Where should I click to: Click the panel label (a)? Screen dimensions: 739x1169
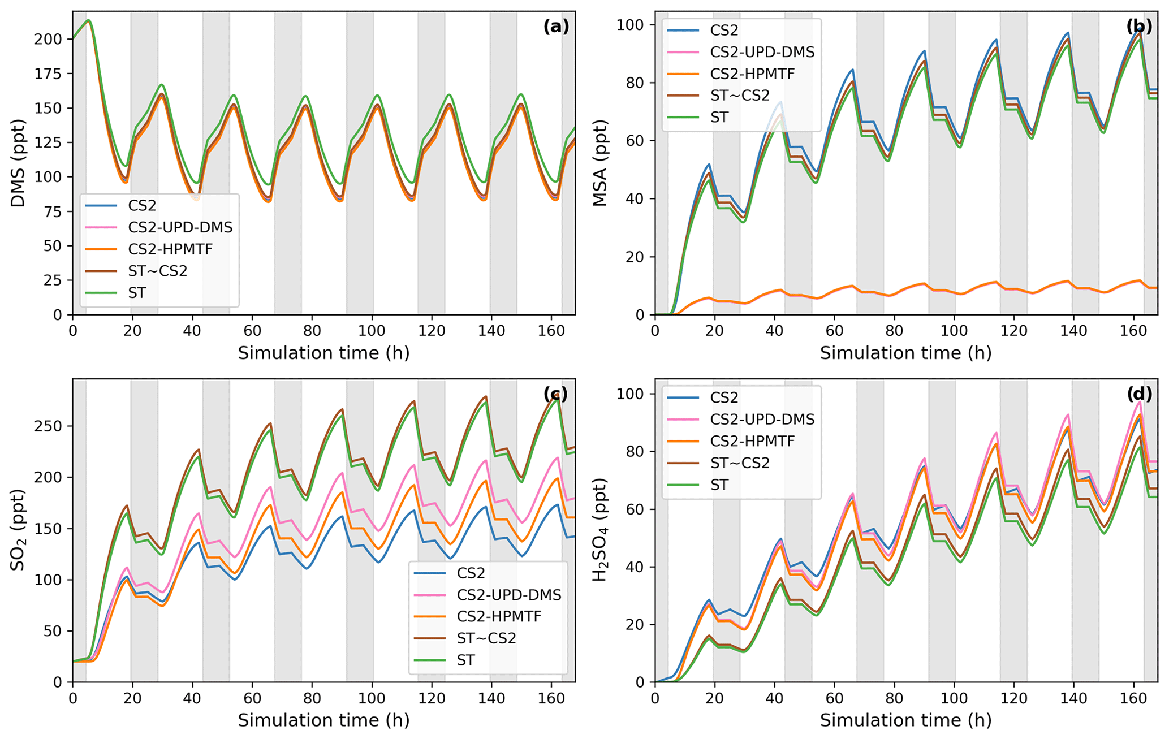pos(556,26)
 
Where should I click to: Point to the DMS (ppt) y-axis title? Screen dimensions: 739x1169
pos(18,163)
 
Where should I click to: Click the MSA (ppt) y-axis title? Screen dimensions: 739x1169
pos(600,163)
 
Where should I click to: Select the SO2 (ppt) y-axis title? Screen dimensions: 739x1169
pos(18,530)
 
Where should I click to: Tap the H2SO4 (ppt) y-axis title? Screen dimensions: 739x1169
pos(600,530)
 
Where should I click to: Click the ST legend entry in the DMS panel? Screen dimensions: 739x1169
pos(137,293)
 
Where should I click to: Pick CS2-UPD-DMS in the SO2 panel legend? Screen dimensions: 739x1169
pos(508,594)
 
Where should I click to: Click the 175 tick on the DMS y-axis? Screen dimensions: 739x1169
pos(50,74)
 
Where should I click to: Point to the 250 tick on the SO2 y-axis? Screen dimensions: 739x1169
pos(50,426)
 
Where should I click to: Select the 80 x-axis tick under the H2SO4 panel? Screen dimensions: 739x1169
pos(894,698)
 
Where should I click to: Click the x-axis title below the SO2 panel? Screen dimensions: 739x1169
pos(323,720)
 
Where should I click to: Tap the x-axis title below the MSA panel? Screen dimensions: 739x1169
pos(905,353)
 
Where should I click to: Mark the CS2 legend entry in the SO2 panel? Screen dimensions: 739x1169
pos(471,573)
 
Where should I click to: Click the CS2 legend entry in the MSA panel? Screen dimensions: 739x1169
pos(724,30)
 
